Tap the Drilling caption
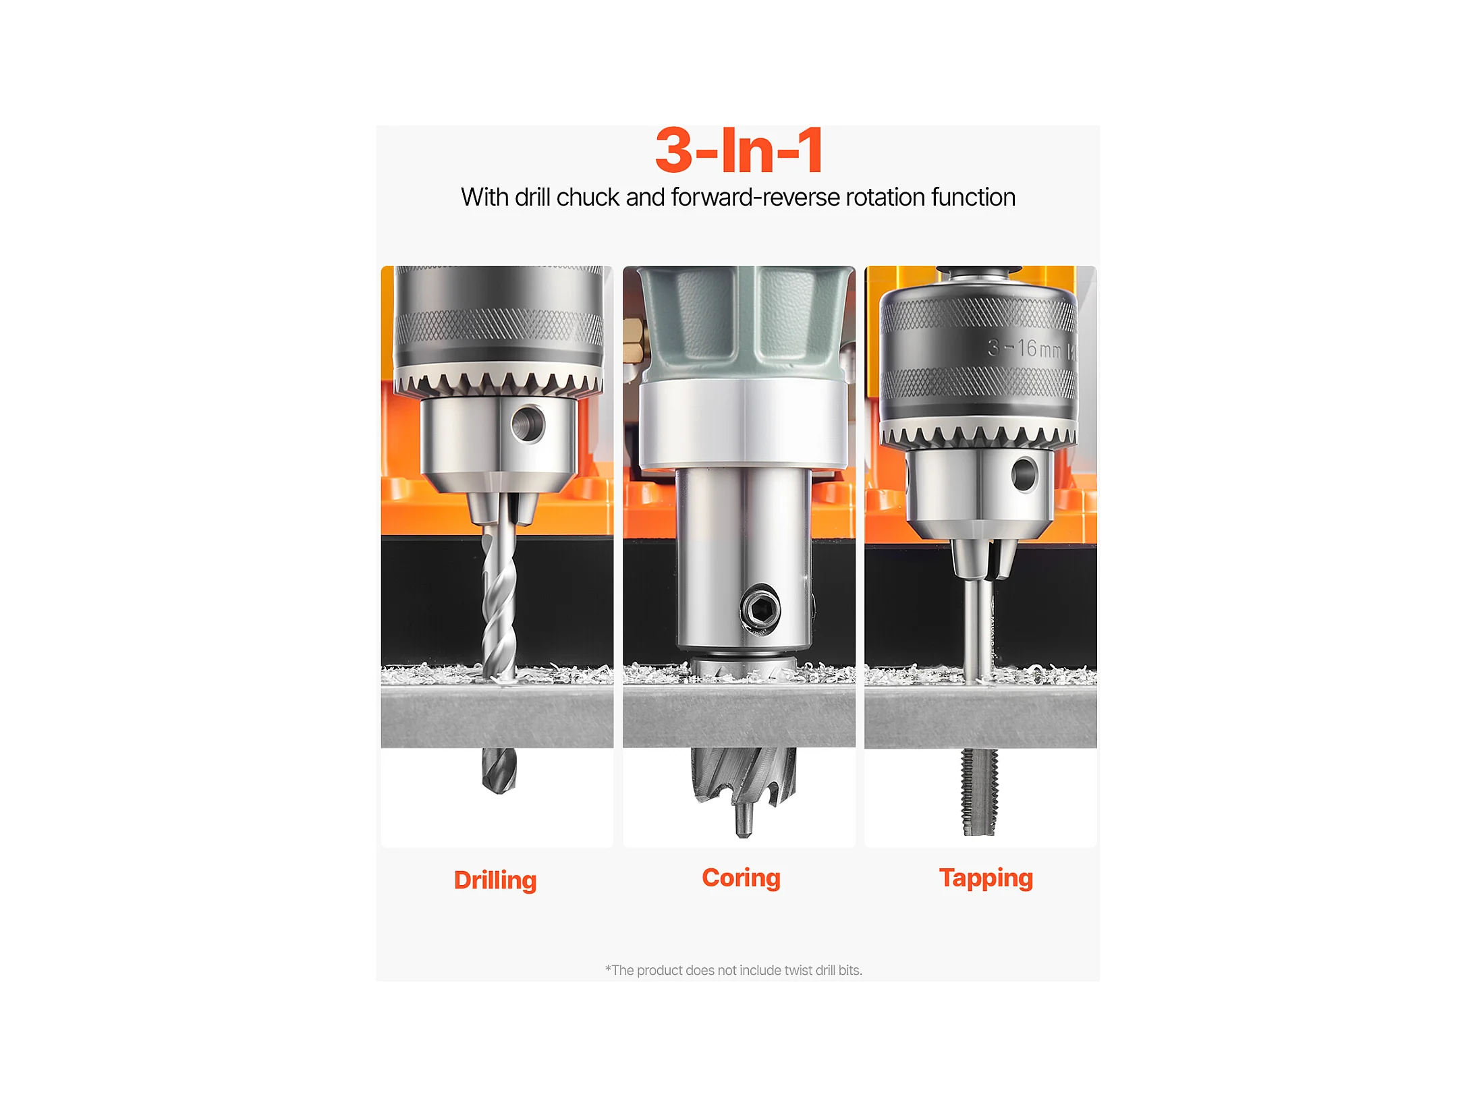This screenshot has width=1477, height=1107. coord(495,880)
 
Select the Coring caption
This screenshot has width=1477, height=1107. coord(741,878)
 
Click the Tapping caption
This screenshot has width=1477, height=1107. coord(986,878)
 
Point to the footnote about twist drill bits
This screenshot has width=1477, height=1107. coord(733,970)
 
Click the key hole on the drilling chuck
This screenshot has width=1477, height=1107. coord(528,424)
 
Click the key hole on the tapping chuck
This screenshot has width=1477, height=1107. coord(1024,474)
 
